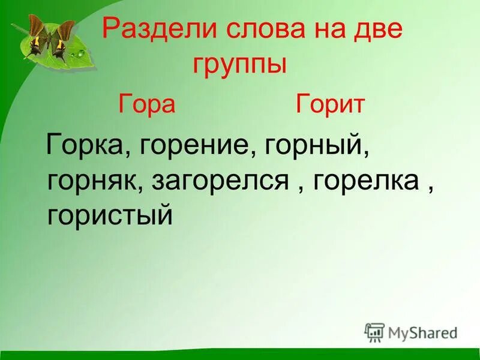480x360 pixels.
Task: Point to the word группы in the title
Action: [x=239, y=64]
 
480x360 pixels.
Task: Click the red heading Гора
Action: [x=147, y=104]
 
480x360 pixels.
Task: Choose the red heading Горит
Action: [x=330, y=104]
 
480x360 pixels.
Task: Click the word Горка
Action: [x=85, y=146]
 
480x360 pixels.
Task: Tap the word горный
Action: [x=313, y=146]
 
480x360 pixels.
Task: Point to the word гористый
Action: [x=110, y=214]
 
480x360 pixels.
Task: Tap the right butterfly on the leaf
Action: [x=64, y=40]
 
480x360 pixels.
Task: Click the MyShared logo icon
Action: [x=374, y=332]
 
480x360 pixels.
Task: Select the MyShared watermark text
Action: [x=423, y=332]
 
